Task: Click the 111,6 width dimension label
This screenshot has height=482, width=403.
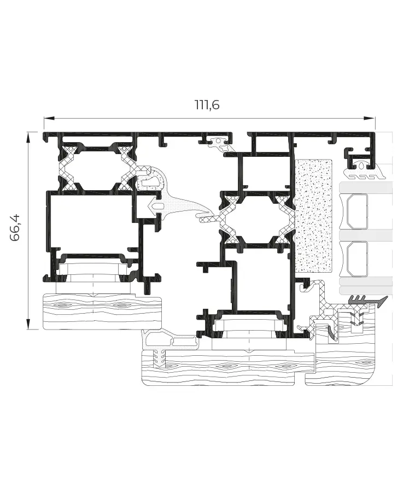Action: click(207, 105)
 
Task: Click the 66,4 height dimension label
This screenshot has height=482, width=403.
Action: click(15, 228)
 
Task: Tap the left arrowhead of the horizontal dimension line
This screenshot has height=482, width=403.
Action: click(49, 119)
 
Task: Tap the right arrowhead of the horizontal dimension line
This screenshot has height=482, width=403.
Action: click(370, 119)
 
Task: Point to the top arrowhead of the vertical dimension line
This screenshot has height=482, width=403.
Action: click(28, 137)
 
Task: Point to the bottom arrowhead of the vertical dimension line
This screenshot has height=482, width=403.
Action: click(28, 324)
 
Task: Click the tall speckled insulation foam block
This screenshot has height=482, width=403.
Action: click(313, 216)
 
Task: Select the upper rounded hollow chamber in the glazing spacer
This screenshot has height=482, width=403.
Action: click(357, 211)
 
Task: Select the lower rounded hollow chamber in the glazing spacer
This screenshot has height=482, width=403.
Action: click(357, 259)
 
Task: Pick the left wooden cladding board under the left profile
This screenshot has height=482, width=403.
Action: click(102, 311)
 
